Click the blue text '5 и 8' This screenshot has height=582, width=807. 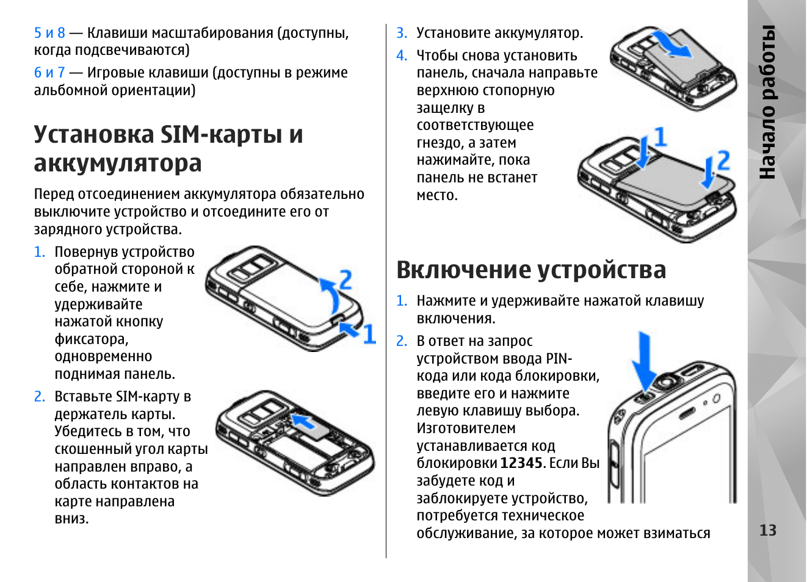click(49, 33)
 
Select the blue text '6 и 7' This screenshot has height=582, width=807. click(49, 73)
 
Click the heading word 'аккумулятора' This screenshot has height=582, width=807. click(118, 163)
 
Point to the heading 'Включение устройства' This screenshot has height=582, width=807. click(531, 270)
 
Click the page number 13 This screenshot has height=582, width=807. click(767, 530)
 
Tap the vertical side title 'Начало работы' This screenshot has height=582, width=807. click(767, 102)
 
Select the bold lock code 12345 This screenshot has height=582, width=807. click(521, 463)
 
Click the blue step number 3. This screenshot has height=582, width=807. click(401, 33)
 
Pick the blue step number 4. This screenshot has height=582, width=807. click(401, 56)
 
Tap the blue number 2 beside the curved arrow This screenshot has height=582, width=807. click(346, 280)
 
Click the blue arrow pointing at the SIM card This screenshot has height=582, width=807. click(303, 422)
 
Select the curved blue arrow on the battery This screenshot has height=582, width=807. click(671, 45)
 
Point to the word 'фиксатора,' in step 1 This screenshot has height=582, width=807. click(92, 339)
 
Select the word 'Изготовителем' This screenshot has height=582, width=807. click(466, 428)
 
